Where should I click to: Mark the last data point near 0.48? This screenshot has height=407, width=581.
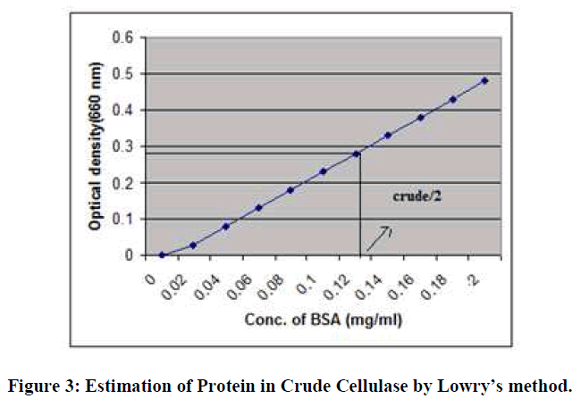click(x=484, y=80)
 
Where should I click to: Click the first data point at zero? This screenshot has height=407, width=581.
click(x=161, y=254)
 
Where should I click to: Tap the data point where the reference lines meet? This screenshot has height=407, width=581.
click(x=356, y=154)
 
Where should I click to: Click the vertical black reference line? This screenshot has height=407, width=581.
click(x=360, y=205)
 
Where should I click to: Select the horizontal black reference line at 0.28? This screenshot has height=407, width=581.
click(x=250, y=154)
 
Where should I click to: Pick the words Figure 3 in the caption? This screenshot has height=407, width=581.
click(x=39, y=386)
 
